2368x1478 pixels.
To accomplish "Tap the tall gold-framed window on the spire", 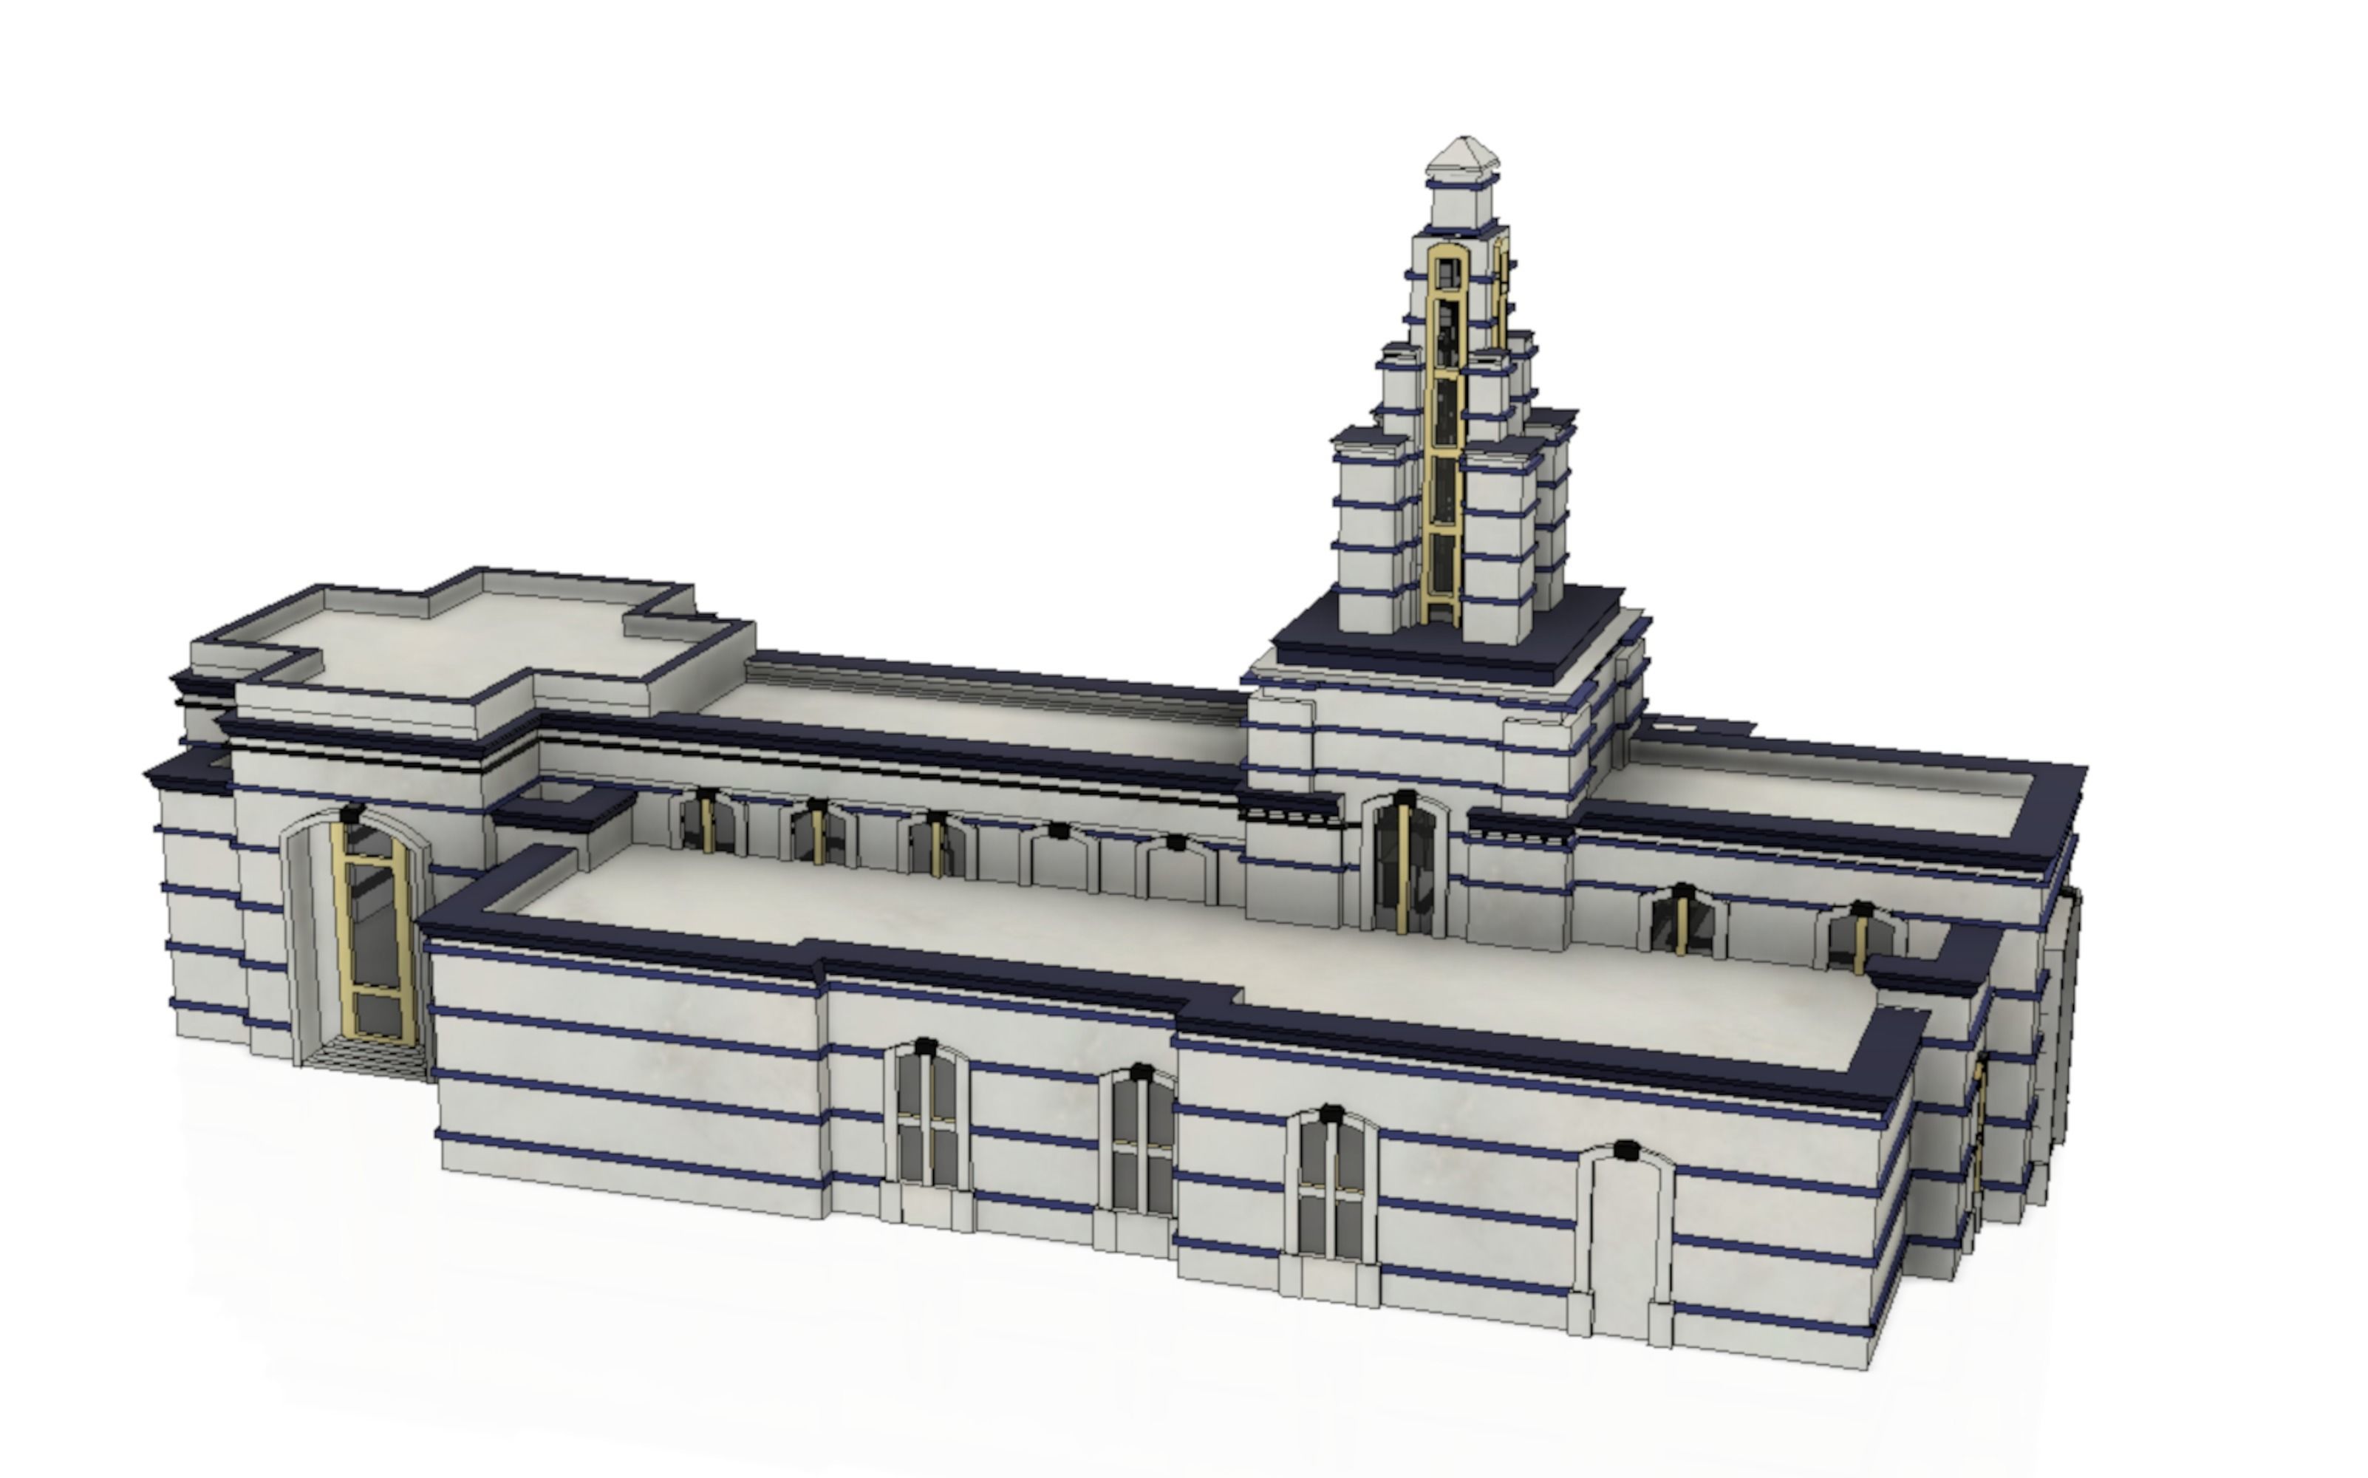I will (x=1444, y=430).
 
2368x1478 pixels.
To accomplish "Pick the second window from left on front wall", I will (x=1141, y=1144).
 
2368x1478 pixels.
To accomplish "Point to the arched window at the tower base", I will (x=1405, y=865).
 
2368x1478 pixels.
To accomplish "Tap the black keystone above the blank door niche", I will (x=1624, y=1151).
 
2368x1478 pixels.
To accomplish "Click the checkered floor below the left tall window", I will (x=361, y=1056).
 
